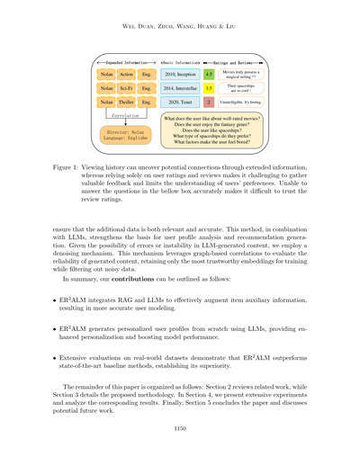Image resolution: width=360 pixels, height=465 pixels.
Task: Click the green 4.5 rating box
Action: (209, 75)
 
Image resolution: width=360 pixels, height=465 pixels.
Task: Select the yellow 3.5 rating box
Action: (209, 89)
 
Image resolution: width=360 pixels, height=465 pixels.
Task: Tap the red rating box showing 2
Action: (209, 103)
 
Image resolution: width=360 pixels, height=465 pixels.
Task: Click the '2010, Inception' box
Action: (175, 75)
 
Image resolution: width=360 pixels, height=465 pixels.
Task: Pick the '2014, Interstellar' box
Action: (175, 89)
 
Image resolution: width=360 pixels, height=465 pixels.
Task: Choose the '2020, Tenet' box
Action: (175, 103)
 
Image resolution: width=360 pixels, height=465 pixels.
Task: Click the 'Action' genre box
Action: (127, 75)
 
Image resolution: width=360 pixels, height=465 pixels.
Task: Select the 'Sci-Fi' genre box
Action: (127, 89)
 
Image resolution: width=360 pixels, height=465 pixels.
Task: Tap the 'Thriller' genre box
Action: (127, 103)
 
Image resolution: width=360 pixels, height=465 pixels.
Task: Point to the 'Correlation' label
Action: (126, 117)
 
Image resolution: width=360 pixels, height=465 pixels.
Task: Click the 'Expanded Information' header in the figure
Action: (124, 59)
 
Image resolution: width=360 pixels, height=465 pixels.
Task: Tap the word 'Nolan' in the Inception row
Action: (105, 75)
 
